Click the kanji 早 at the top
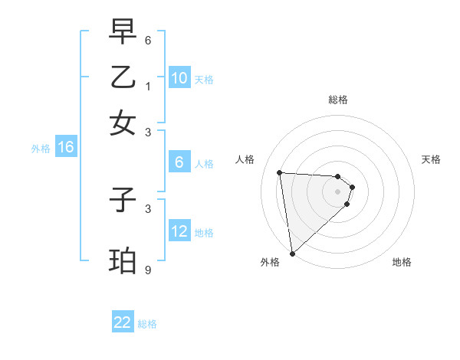123,31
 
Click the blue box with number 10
179,78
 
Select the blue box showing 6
179,162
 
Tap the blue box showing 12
179,231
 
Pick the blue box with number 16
66,147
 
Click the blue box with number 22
123,322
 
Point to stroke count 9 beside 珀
148,270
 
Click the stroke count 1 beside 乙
148,86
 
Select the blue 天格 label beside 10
204,80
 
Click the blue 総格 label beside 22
147,324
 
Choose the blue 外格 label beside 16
41,149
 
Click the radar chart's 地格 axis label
402,262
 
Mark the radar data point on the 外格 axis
292,254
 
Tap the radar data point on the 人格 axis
280,172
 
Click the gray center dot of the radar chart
337,191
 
